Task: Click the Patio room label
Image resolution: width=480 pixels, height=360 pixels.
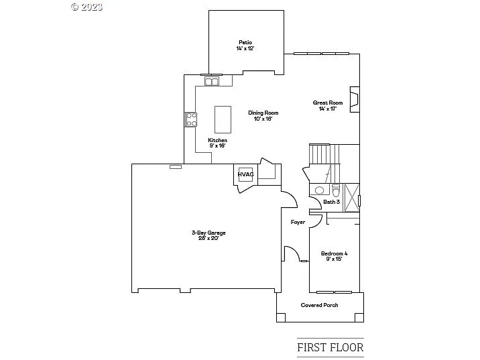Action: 245,45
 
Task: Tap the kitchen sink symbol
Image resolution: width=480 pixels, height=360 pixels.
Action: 213,82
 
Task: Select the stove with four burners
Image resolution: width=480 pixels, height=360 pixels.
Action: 191,119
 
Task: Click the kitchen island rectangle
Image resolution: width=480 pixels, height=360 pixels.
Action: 223,119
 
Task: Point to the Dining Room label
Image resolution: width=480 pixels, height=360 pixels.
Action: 263,115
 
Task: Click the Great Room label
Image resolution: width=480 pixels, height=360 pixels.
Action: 328,105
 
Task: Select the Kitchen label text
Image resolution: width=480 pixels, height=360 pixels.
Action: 217,143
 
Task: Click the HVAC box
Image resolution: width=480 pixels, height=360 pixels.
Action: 245,174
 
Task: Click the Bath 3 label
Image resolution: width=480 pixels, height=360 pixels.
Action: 331,202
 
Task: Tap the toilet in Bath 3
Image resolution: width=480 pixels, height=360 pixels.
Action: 335,189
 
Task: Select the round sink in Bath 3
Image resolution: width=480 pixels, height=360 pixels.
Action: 319,190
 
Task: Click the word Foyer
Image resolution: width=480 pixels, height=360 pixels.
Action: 298,222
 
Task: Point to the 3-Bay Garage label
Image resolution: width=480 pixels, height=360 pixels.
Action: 208,235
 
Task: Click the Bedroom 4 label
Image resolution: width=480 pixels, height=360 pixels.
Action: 334,255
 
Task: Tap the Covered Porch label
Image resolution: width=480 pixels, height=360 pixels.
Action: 319,305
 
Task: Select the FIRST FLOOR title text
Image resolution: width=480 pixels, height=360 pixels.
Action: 330,347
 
